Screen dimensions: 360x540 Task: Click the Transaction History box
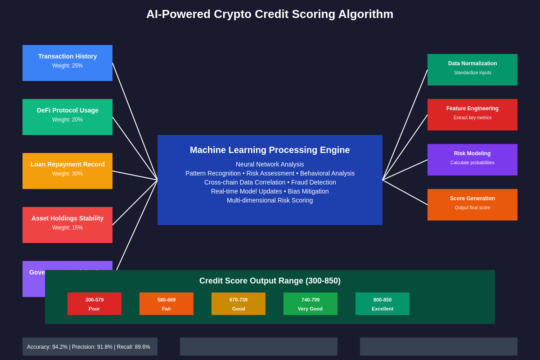pos(67,63)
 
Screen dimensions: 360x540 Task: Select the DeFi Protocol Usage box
pos(67,117)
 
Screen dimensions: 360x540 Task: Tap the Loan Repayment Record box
pos(67,171)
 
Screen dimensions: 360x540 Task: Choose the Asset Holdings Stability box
pos(67,225)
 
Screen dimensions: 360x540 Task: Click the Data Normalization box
pos(472,70)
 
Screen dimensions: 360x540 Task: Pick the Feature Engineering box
pos(472,115)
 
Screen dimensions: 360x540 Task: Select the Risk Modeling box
pos(472,160)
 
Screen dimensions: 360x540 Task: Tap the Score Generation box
pos(472,205)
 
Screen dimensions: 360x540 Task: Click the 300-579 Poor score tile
pos(94,304)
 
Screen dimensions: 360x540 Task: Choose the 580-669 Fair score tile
pos(166,304)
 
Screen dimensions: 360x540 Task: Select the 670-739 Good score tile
pos(238,304)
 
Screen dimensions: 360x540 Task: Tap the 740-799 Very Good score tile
pos(310,304)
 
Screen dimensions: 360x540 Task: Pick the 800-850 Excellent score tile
pos(382,304)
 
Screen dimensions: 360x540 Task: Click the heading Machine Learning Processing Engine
pos(270,150)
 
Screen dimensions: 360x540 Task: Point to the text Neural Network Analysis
pos(270,164)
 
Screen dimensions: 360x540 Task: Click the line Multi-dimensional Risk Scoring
pos(270,200)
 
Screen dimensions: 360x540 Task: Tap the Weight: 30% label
pos(67,174)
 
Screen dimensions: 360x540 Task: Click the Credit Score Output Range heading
pos(270,281)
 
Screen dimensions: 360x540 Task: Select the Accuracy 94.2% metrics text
pos(89,347)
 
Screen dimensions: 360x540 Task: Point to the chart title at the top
pos(270,14)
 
